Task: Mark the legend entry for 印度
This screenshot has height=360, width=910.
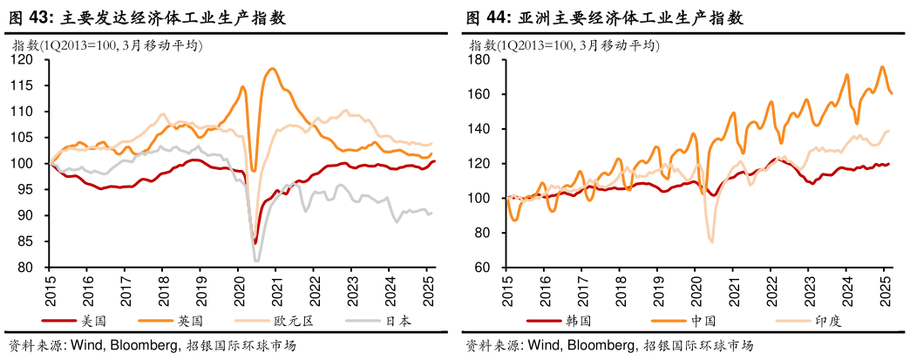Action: (829, 320)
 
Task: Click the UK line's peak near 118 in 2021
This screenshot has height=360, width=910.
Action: (273, 69)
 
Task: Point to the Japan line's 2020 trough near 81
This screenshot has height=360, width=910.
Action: (256, 261)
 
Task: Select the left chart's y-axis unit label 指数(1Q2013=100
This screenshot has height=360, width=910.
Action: (61, 46)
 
